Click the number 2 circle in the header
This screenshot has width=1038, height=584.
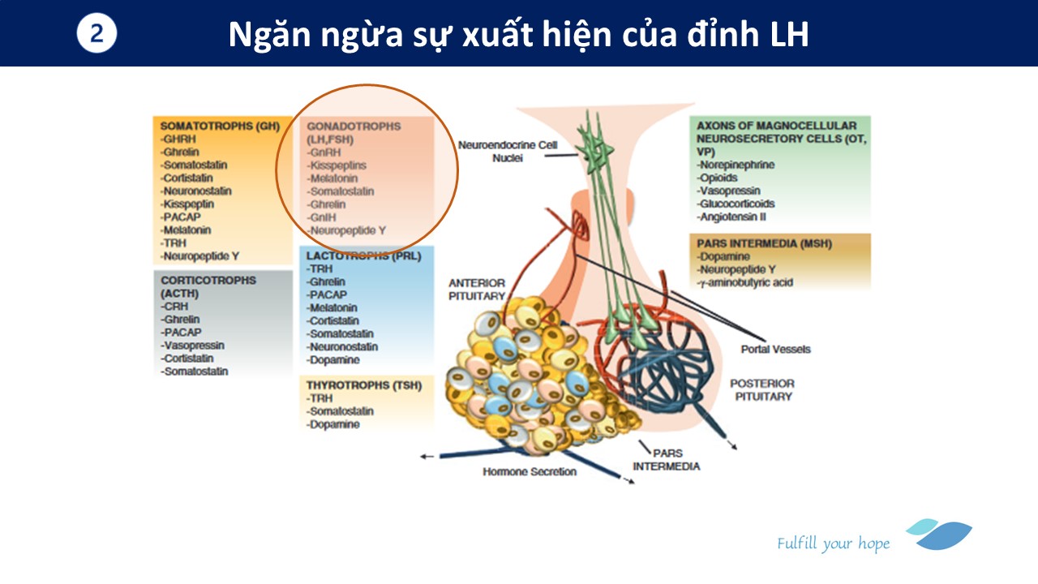[x=97, y=34]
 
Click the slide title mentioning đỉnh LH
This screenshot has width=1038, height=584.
[x=518, y=34]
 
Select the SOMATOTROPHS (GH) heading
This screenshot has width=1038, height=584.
[x=220, y=126]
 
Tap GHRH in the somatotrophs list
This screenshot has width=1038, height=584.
[x=179, y=139]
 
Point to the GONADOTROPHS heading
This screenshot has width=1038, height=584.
[x=354, y=127]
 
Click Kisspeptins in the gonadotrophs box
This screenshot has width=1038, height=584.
[x=337, y=165]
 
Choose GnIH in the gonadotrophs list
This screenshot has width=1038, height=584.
[x=322, y=217]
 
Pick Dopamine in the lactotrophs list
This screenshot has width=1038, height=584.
[x=332, y=359]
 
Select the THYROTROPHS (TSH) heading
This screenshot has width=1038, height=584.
[x=363, y=385]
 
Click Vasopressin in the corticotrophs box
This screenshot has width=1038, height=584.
[x=193, y=346]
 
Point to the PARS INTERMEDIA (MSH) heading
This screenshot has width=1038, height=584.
[x=764, y=243]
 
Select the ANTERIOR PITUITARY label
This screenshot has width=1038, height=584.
[x=477, y=290]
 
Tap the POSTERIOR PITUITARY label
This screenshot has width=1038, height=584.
[x=761, y=389]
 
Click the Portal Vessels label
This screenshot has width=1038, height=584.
[x=775, y=350]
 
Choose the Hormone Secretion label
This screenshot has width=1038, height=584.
[x=530, y=472]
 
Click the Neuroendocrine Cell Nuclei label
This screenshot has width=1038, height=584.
[x=508, y=152]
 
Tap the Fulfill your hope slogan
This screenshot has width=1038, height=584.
[x=833, y=543]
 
